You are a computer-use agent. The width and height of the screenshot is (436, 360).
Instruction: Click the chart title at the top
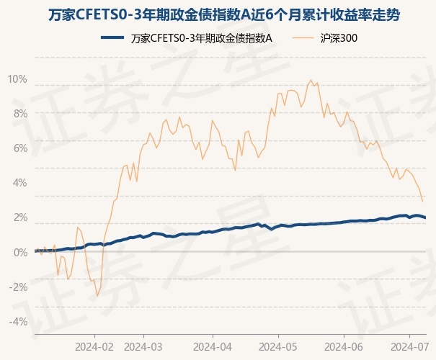point(218,14)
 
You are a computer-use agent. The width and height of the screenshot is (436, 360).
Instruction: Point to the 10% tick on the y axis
point(17,78)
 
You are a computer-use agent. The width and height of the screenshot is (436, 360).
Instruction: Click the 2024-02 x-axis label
point(95,346)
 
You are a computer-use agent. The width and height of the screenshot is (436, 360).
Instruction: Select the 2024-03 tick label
point(143,346)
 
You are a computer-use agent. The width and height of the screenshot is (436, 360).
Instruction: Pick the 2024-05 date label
point(278,346)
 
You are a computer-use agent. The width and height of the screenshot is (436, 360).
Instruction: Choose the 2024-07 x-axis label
point(408,346)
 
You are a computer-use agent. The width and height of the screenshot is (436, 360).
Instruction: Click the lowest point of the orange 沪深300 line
point(97,296)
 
